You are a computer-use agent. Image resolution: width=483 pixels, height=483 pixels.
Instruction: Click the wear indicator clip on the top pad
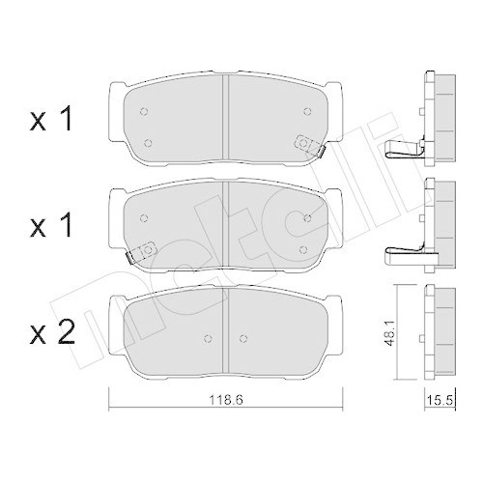(x=312, y=143)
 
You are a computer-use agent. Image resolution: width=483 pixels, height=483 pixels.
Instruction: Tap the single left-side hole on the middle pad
(x=142, y=217)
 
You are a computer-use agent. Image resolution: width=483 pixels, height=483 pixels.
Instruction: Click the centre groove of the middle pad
(x=224, y=227)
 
